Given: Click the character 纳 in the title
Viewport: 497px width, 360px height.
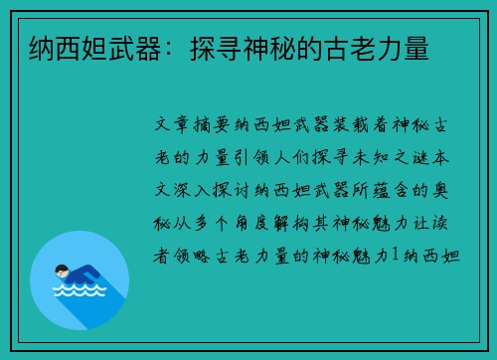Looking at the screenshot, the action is coord(42,49).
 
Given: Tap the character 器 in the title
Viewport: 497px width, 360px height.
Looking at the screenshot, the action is coord(149,49).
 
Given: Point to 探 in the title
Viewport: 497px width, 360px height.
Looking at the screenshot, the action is coord(203,49).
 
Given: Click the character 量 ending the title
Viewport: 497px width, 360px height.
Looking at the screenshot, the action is coord(416,49).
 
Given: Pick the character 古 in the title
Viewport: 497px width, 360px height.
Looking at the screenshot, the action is coord(337,49).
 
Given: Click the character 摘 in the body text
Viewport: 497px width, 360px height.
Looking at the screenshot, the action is coord(202,125).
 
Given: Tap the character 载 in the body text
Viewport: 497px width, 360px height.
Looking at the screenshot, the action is coord(361,125).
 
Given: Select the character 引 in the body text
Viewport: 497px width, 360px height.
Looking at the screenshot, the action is coord(242,157).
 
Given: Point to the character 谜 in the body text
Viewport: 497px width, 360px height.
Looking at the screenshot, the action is coord(421,157).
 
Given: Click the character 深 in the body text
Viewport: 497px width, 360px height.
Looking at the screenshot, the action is coord(182,190).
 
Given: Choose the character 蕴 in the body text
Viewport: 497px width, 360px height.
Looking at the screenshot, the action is coord(381,190).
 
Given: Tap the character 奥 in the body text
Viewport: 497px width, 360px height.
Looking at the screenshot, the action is coord(440,190).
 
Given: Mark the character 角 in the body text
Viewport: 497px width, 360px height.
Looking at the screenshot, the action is coord(242,223).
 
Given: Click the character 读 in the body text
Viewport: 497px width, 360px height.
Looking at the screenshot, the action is coord(440,223).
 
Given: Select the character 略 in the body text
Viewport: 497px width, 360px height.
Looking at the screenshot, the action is coord(202,256).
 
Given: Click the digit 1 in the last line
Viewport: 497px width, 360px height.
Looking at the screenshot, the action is coord(395,255).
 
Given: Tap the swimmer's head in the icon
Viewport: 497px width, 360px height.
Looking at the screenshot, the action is coord(62,270).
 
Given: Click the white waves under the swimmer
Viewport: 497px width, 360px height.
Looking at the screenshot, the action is coord(80,290).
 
